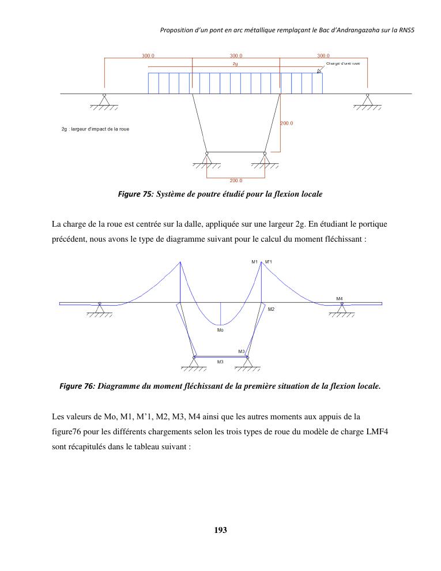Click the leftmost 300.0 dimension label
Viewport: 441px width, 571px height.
coord(148,56)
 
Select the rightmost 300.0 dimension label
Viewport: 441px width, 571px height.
coord(323,56)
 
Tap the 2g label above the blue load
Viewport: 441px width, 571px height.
coord(235,63)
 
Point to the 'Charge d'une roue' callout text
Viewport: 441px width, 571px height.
coord(343,63)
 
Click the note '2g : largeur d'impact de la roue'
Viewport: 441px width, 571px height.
coord(95,129)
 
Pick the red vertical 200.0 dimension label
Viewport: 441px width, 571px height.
coord(287,123)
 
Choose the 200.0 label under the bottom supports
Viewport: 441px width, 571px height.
coord(236,181)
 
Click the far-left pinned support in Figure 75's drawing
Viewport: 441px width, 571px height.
coord(104,101)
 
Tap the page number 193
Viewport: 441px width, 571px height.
coord(220,529)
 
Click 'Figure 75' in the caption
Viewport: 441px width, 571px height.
coord(134,194)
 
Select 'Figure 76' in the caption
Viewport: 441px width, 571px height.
coord(77,386)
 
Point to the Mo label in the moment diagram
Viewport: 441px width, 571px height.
coord(220,330)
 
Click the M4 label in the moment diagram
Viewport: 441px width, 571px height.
coord(340,298)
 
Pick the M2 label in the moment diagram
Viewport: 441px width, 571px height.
coord(271,309)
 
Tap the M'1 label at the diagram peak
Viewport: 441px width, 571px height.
coord(268,262)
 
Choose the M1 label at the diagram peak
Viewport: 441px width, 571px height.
coord(254,262)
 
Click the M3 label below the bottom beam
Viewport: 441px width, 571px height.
coord(220,362)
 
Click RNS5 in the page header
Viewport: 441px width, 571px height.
coord(406,29)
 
